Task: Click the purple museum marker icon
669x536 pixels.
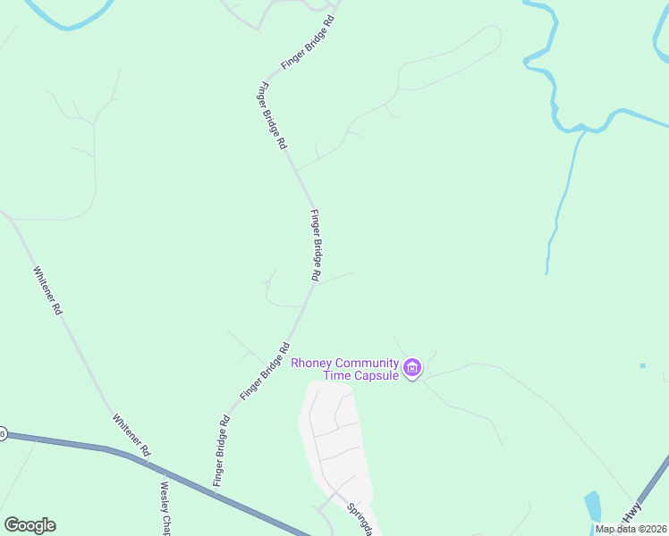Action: click(412, 368)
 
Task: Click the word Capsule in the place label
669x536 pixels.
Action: click(372, 376)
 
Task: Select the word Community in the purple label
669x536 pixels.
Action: click(367, 363)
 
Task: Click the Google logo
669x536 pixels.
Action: click(30, 525)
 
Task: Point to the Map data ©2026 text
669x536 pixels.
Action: click(631, 529)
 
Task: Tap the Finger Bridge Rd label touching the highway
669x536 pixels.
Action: click(222, 452)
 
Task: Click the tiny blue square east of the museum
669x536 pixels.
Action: click(642, 365)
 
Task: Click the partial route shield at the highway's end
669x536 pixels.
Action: click(2, 434)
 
